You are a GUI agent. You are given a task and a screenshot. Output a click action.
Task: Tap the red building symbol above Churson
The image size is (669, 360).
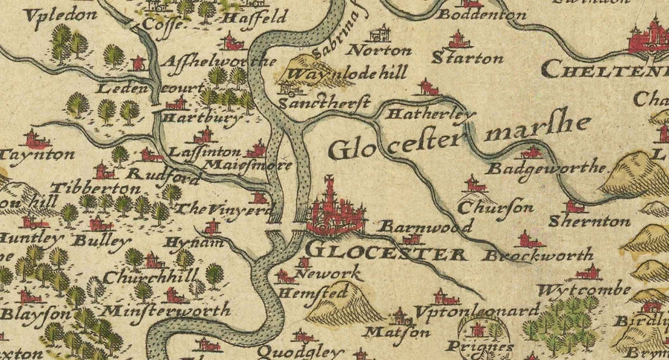point(471,184)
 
